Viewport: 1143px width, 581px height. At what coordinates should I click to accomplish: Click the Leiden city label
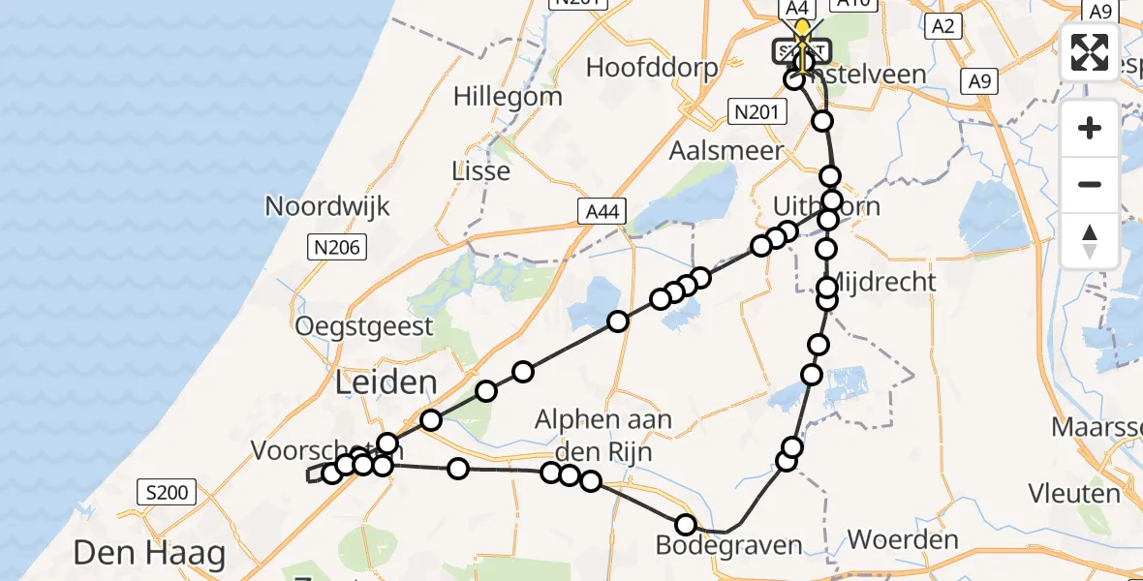(386, 382)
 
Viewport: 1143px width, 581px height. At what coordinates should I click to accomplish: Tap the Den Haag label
(149, 554)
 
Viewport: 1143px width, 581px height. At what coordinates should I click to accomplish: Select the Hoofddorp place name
(652, 68)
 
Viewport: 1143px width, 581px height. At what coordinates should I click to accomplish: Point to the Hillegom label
(508, 97)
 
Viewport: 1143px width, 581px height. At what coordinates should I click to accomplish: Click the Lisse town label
(481, 171)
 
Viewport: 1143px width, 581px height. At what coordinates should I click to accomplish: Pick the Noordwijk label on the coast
(327, 206)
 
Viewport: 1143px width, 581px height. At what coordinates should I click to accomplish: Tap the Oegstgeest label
(365, 325)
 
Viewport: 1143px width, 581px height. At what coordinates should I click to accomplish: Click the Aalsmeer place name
(726, 151)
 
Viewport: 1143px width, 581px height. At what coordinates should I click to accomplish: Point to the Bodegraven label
(728, 545)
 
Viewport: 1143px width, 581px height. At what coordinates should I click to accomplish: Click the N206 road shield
(336, 248)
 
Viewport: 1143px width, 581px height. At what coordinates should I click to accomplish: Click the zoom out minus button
(1090, 184)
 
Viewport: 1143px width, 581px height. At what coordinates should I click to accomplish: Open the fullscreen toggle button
(1090, 52)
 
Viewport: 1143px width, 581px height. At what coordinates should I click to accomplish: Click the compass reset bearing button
(1090, 240)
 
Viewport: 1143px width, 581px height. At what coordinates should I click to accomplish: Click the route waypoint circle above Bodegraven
(686, 525)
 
